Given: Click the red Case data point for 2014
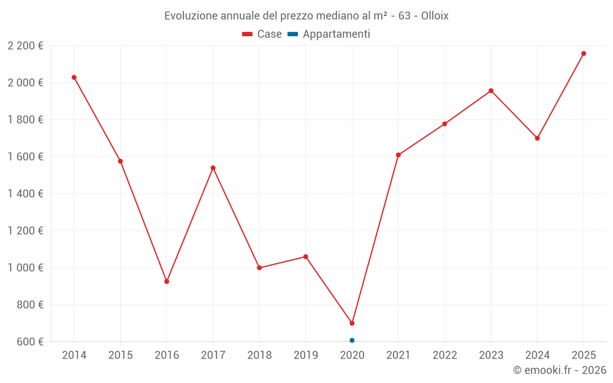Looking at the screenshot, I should (x=74, y=77).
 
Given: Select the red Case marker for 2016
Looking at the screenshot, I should (x=167, y=281).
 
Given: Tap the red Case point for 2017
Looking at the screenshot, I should (x=213, y=168).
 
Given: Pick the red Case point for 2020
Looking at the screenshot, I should (x=352, y=323).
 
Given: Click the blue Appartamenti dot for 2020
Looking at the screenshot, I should (x=352, y=340).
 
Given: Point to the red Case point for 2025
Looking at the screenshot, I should (x=584, y=53).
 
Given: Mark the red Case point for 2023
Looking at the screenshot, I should (x=491, y=91).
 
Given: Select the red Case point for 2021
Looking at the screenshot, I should (x=398, y=155).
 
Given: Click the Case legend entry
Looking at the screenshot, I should (x=262, y=34).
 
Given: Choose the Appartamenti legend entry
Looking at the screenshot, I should (x=329, y=34).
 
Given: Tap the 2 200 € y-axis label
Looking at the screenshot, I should (x=25, y=46).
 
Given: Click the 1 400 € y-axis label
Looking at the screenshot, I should (x=25, y=194).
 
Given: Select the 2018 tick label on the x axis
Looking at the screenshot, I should (x=259, y=355).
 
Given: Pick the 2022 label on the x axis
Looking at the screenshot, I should (x=444, y=355).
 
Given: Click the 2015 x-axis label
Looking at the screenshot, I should (x=120, y=355).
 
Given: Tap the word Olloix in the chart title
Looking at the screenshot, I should (x=435, y=16).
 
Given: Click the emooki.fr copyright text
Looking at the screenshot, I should (x=559, y=370).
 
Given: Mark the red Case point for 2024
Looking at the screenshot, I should (x=537, y=138).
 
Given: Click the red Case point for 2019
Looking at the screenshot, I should (x=306, y=257).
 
